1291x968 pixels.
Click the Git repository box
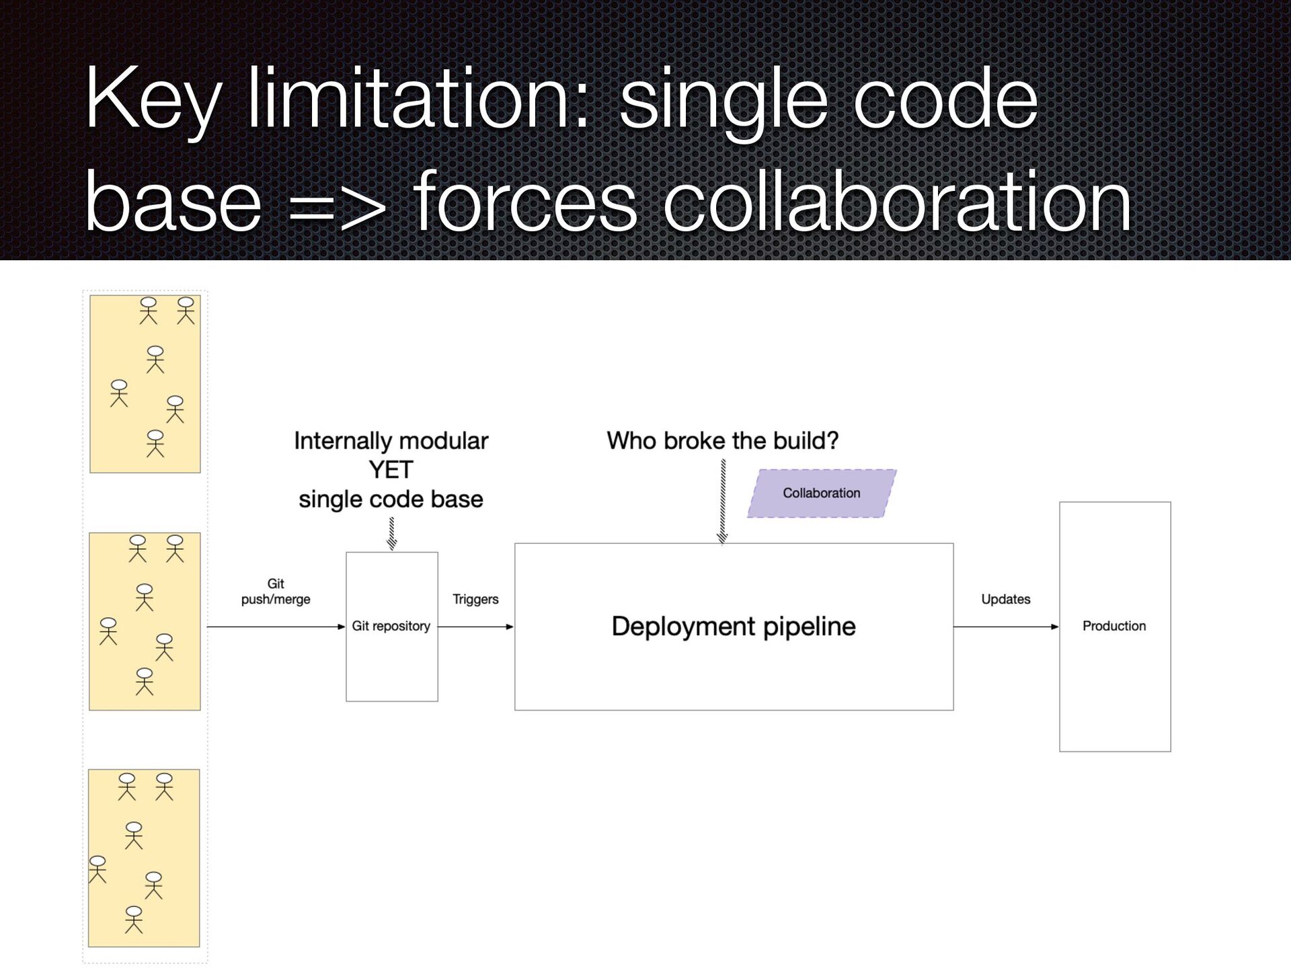(x=391, y=659)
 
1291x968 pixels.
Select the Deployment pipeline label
(x=734, y=627)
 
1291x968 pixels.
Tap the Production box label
(x=1114, y=626)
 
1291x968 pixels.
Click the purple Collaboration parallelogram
(x=822, y=493)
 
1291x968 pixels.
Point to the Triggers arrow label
(x=475, y=599)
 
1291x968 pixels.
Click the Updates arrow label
(x=1005, y=599)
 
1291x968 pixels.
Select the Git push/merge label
(x=276, y=592)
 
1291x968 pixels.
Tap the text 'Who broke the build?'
(x=723, y=441)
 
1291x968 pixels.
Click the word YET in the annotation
(x=391, y=470)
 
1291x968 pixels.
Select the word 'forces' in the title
(x=524, y=202)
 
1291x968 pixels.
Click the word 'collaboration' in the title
(x=897, y=202)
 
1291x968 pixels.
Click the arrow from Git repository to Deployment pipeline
(x=475, y=627)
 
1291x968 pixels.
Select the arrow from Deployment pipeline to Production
(x=1006, y=627)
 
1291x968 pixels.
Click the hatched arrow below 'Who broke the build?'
(x=723, y=501)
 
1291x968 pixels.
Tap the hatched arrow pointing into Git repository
(x=392, y=534)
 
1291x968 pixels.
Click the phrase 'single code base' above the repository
(x=391, y=499)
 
